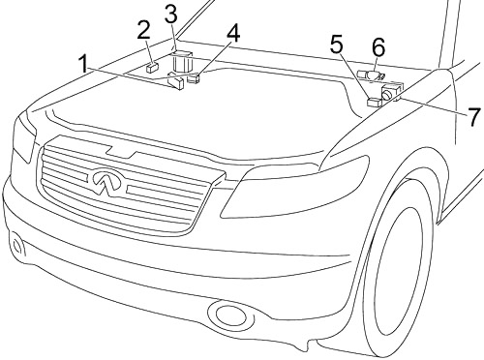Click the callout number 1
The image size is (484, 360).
(83, 64)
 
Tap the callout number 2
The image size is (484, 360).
(143, 30)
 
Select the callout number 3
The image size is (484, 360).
(170, 14)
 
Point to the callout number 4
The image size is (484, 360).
(233, 34)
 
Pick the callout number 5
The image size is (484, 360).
(336, 45)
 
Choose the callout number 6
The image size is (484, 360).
(378, 47)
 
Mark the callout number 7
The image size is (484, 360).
(473, 117)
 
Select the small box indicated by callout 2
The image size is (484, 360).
(152, 67)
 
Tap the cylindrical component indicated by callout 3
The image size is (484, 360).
(182, 61)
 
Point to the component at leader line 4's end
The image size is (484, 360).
(194, 78)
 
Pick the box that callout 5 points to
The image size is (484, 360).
(375, 102)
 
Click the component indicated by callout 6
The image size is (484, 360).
(371, 76)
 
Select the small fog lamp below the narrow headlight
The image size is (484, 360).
(16, 246)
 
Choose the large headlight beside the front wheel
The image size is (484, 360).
(295, 190)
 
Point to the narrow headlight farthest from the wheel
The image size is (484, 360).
(24, 137)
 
